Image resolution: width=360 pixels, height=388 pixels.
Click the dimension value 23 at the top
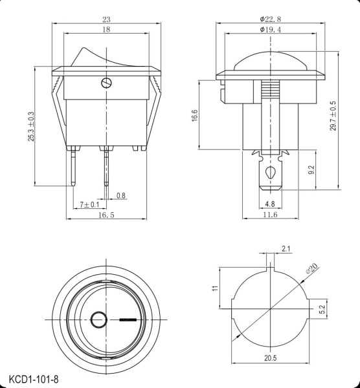click(x=106, y=19)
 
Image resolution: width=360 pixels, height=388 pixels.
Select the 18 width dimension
click(x=106, y=30)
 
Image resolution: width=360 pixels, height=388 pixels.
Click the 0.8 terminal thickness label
click(x=121, y=195)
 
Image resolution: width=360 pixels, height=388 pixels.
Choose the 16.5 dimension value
click(x=106, y=215)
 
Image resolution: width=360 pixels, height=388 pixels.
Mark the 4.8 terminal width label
click(x=270, y=204)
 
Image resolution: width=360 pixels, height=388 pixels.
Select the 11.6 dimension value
click(x=270, y=215)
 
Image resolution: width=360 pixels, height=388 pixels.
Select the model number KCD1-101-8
click(x=34, y=377)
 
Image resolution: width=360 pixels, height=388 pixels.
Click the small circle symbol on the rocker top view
click(x=99, y=319)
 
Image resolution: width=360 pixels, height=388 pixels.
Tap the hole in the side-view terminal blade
click(x=270, y=173)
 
